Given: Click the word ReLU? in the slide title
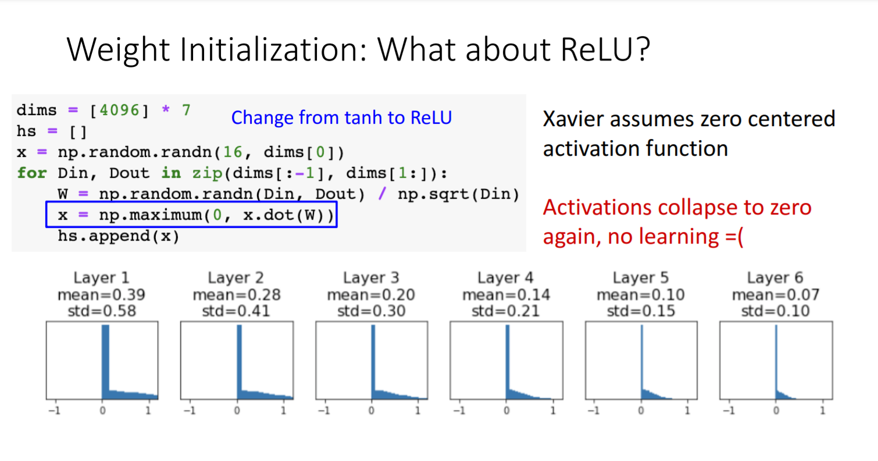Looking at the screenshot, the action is tap(605, 49).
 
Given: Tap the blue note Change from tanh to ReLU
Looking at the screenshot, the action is tap(341, 117).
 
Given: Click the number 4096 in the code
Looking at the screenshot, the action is tap(120, 110).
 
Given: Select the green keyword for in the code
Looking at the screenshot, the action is tap(32, 173).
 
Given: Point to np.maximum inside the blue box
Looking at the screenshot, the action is tap(151, 215).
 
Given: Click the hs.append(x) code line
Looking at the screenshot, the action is tap(119, 236).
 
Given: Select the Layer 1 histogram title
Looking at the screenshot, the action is tap(102, 277).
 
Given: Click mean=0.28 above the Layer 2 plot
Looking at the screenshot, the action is tap(237, 295).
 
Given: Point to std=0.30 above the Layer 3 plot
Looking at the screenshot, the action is tap(371, 311).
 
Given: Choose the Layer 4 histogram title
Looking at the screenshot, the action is tap(506, 277).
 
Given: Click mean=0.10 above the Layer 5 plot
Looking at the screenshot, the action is tap(640, 295).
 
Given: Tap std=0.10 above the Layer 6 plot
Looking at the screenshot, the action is tap(775, 311).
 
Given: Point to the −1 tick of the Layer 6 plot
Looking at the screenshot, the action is tap(729, 410).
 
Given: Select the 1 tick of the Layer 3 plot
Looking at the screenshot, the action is tap(418, 410).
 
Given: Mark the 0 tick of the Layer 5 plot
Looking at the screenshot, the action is tap(641, 410).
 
